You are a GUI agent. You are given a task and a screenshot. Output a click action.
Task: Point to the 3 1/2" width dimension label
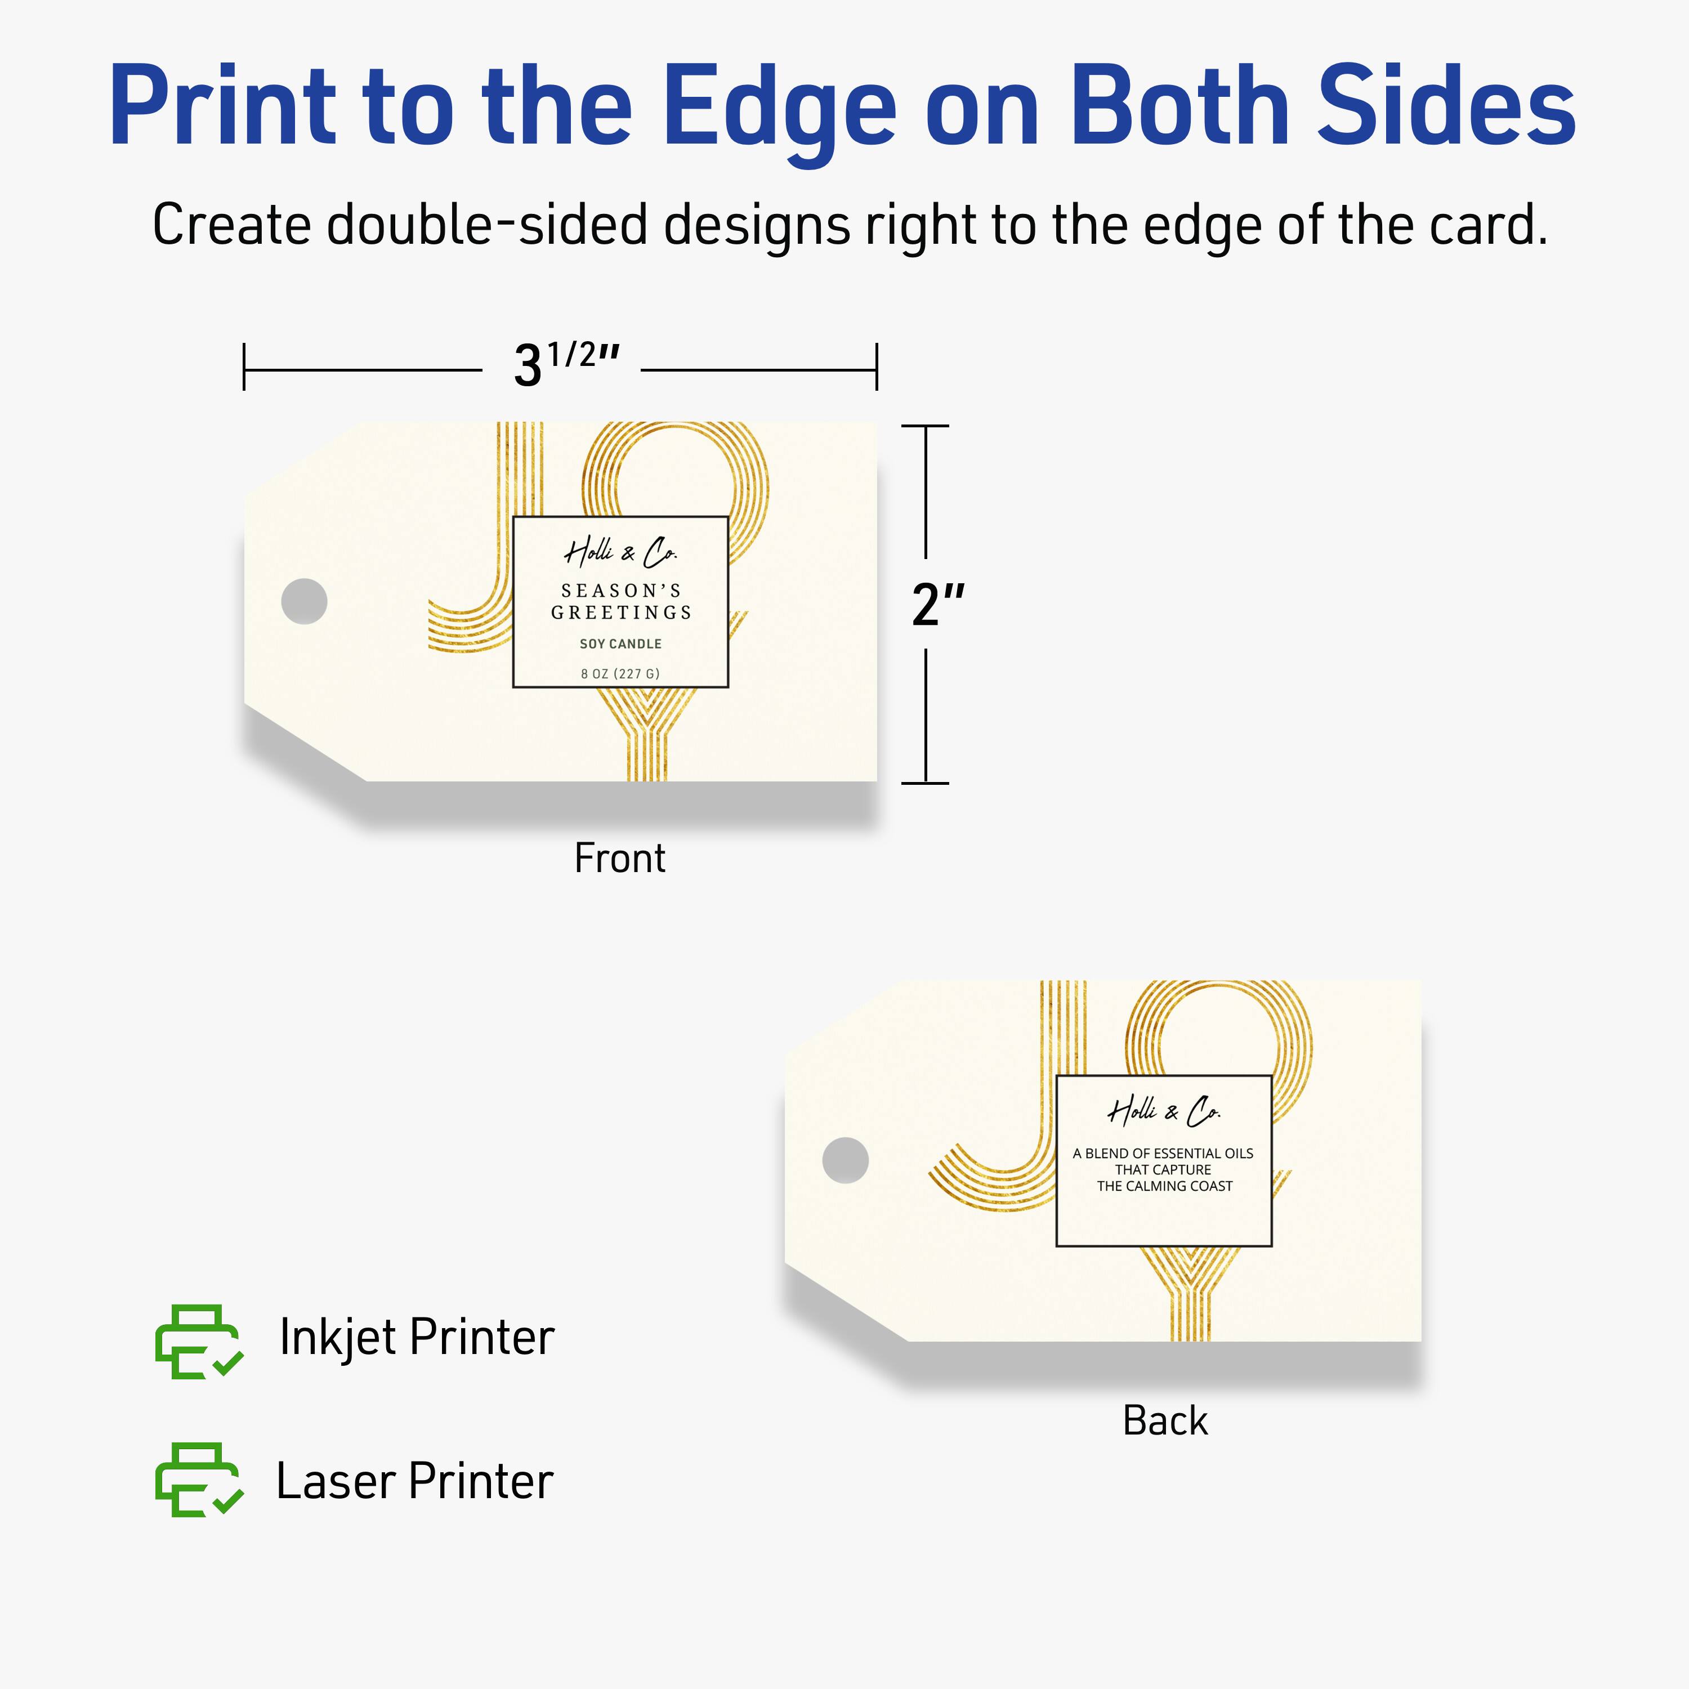(x=565, y=363)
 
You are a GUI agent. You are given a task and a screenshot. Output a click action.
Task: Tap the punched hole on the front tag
(x=304, y=601)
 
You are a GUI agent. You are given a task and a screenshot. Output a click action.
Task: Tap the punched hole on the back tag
(x=846, y=1160)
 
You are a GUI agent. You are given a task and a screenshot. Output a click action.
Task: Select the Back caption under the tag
(x=1164, y=1420)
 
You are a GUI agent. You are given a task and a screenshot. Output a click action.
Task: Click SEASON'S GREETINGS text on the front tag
(x=620, y=601)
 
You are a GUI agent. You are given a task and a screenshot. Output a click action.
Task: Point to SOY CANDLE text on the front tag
(x=620, y=644)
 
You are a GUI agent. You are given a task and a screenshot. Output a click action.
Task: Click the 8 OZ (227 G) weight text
(x=620, y=673)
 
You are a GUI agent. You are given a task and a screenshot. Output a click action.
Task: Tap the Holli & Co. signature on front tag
(x=620, y=552)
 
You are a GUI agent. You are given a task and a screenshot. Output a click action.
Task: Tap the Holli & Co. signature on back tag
(x=1164, y=1111)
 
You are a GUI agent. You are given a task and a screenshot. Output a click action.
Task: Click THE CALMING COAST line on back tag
(x=1164, y=1186)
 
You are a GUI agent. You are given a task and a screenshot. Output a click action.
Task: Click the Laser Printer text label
(x=414, y=1481)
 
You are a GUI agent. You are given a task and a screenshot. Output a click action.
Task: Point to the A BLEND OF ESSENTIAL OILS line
(x=1163, y=1153)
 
